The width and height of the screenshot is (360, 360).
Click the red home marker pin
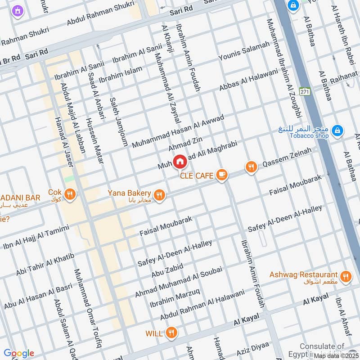click(x=180, y=161)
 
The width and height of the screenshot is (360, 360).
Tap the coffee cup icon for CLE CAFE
click(x=221, y=175)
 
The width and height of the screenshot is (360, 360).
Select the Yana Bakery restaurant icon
click(x=158, y=195)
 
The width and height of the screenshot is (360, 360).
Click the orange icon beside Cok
click(x=70, y=194)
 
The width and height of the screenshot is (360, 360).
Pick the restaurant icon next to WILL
click(x=171, y=333)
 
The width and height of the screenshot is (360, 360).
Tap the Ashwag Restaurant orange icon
click(x=346, y=276)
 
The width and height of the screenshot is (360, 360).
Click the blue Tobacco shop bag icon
click(x=336, y=131)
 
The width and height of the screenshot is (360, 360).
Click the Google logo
click(x=18, y=353)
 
